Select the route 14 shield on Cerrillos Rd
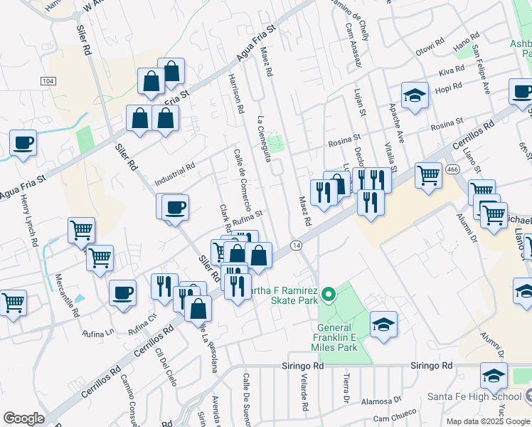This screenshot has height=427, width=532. pos(296,245)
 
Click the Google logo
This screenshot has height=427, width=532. pos(23,418)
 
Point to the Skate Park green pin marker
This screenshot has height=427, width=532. pos(328,292)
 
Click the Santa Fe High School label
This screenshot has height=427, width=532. pos(477,396)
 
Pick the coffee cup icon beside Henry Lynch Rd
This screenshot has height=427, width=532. pos(23,142)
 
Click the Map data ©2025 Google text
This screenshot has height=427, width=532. pos(487,421)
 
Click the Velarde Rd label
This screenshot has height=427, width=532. pos(304,391)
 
